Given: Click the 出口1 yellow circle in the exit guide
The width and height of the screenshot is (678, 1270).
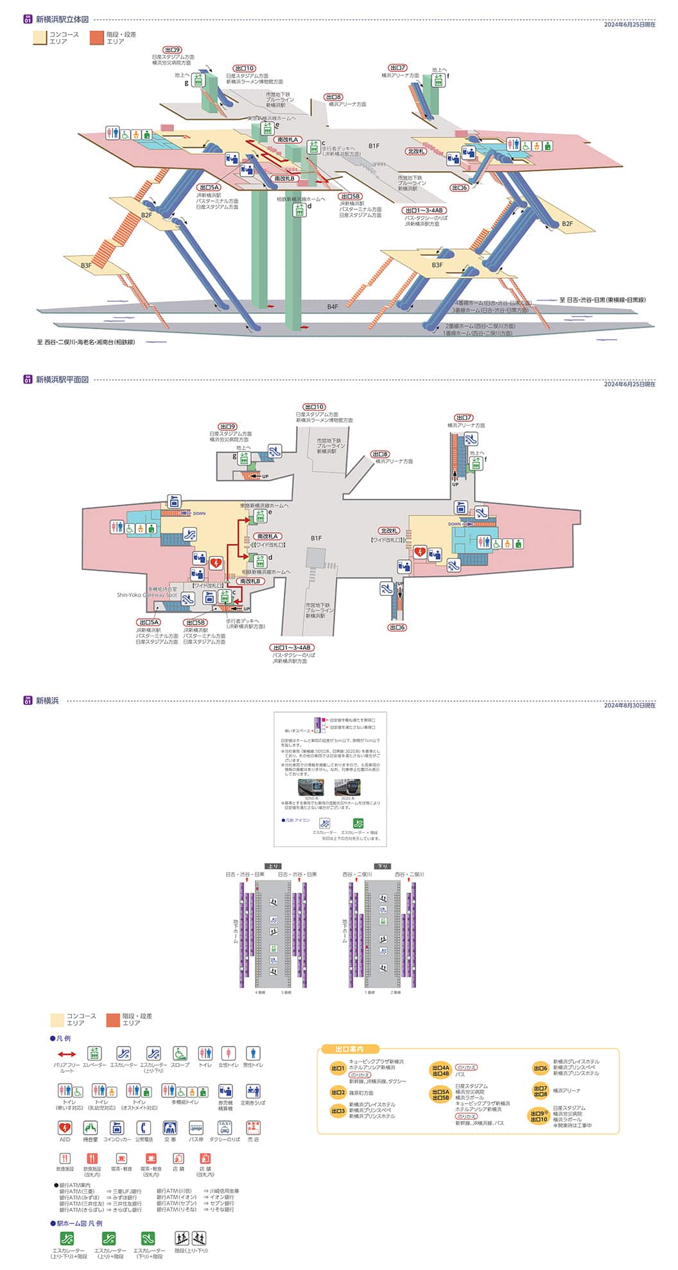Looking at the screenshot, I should [338, 1068].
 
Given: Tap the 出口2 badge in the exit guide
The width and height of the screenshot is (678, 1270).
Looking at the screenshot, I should [338, 1092].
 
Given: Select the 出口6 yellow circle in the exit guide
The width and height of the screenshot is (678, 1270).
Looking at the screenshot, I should [540, 1068].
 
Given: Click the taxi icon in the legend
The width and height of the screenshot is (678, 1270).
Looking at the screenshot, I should [224, 1128].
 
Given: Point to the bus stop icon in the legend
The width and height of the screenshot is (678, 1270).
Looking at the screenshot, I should [196, 1128].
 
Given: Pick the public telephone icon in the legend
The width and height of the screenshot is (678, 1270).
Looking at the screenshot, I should [144, 1128].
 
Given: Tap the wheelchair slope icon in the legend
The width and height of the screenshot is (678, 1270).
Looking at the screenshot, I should [180, 1054].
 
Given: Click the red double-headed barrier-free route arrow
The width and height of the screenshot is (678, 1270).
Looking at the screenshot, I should [67, 1054].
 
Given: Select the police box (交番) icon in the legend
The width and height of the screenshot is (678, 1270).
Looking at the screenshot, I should [170, 1128].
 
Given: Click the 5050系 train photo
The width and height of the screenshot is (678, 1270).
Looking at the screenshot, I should [310, 787].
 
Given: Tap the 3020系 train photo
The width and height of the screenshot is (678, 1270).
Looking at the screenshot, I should [347, 787].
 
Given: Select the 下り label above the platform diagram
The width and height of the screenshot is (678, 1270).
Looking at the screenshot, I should [383, 866].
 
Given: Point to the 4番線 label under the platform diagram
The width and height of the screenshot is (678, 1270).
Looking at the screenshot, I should [260, 993].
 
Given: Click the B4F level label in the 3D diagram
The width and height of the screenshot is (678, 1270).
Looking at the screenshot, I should [332, 307].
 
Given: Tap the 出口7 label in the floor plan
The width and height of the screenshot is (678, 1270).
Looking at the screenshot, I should [464, 418].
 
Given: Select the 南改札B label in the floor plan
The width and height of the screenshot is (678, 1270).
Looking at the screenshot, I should [251, 581].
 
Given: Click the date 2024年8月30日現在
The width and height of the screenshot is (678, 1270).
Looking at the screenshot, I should [629, 705].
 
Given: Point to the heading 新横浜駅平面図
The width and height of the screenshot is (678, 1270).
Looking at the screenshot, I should [62, 379].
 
